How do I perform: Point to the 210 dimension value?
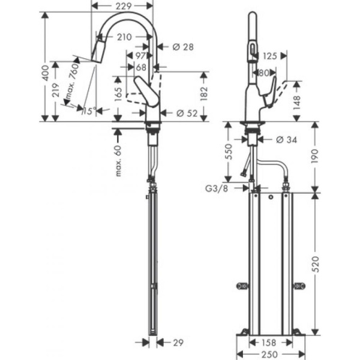point(124,37)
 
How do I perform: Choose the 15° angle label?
point(88,112)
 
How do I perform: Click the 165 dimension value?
point(118,94)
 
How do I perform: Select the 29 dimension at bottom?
point(178,343)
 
